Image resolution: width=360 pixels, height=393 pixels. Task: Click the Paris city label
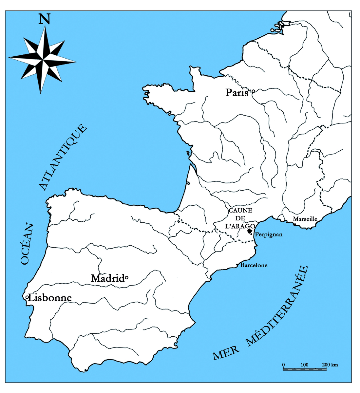tap(237, 93)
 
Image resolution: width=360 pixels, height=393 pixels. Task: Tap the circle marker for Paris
tap(253, 91)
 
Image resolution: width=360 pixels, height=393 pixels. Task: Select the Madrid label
tap(107, 278)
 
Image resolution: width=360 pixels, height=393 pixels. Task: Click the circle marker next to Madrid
tap(126, 278)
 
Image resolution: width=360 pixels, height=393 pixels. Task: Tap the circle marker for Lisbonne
tap(27, 297)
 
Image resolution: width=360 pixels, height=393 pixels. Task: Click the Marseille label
tap(305, 219)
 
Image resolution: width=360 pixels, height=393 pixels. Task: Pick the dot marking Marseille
tap(294, 224)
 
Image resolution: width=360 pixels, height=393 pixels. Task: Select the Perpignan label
tap(268, 234)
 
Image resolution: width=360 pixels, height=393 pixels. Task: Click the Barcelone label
tap(254, 265)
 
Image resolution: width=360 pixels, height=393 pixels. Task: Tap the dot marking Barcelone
tap(237, 265)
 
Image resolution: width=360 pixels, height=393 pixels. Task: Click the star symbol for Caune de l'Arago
tap(250, 231)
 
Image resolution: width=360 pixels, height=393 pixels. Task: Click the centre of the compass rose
tap(43, 60)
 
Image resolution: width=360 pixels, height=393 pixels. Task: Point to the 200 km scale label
tap(330, 365)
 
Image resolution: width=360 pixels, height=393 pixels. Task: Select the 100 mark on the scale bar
tap(305, 365)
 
